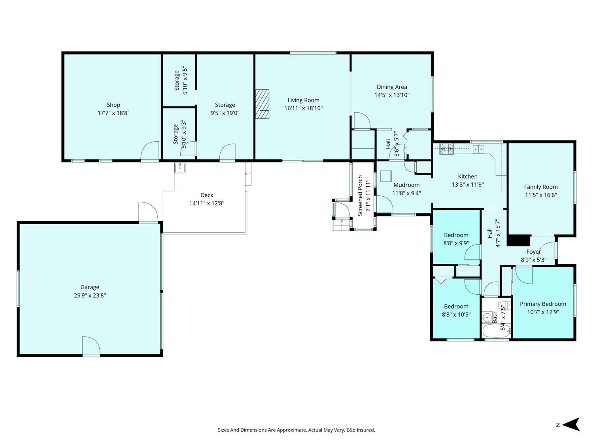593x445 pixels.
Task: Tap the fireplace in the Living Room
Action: tap(263, 104)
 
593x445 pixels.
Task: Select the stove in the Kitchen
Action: tap(447, 149)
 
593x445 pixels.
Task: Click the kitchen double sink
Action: tap(478, 149)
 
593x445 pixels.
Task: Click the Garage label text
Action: tap(90, 287)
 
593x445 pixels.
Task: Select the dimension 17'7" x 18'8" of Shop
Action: tap(113, 113)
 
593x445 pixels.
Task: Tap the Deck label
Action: tap(207, 195)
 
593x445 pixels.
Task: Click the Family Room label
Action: tap(540, 187)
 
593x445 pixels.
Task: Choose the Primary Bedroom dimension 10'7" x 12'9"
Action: tap(543, 312)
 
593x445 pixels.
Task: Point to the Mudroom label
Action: tap(406, 185)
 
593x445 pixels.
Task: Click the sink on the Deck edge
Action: tap(179, 168)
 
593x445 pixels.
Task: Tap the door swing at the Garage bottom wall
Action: tap(91, 346)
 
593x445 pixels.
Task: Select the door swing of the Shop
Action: tap(150, 151)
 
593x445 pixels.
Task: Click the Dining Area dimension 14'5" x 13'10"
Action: tap(392, 95)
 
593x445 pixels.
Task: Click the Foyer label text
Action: tap(534, 252)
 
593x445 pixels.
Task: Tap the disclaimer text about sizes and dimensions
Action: tap(296, 430)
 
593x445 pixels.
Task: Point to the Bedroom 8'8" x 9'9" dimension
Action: tap(456, 243)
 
